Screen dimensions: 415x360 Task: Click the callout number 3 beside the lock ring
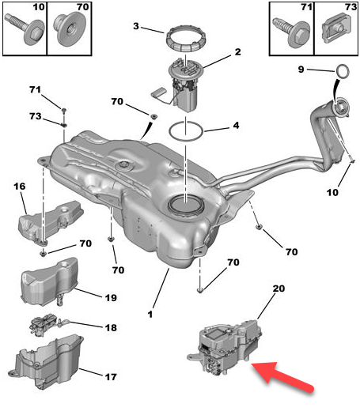click(x=136, y=27)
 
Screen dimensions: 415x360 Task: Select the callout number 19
click(x=110, y=298)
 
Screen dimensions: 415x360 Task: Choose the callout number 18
click(x=110, y=326)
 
